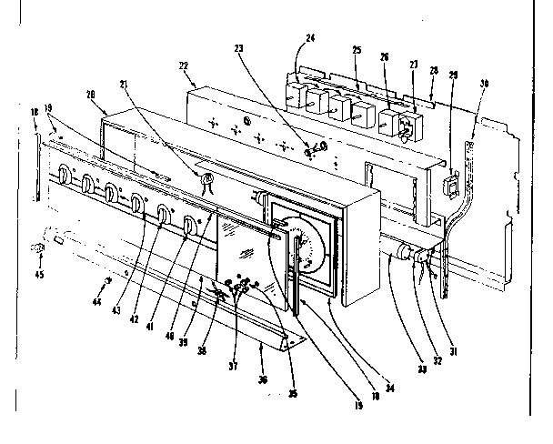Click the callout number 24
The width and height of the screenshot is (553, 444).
(x=310, y=40)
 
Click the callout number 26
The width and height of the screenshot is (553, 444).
(x=384, y=57)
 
